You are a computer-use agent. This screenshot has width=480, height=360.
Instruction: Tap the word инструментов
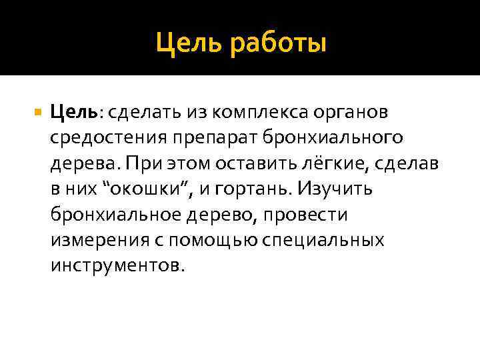tap(115, 265)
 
